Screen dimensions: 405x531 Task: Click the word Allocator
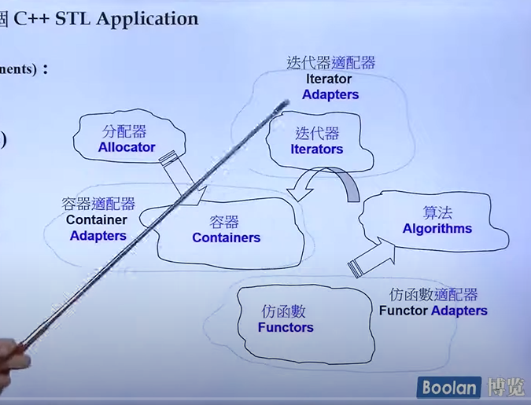(127, 147)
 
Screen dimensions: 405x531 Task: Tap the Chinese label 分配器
(124, 131)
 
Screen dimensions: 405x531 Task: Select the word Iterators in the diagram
(317, 149)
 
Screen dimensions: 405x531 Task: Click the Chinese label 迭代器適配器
(331, 63)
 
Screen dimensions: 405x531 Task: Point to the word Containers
(226, 237)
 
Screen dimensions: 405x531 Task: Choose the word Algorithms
(437, 229)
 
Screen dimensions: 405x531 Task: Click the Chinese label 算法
(437, 212)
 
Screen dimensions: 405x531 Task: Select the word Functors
(286, 327)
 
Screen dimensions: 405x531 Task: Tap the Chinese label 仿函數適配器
(433, 295)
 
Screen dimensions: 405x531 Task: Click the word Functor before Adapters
(404, 311)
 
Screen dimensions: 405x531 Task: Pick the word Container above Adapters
(97, 220)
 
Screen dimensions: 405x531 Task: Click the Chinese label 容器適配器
(98, 204)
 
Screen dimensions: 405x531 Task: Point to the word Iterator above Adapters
(330, 79)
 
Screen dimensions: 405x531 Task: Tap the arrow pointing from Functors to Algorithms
(371, 256)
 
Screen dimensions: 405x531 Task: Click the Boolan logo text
(448, 387)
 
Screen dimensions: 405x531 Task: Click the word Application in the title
(149, 18)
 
